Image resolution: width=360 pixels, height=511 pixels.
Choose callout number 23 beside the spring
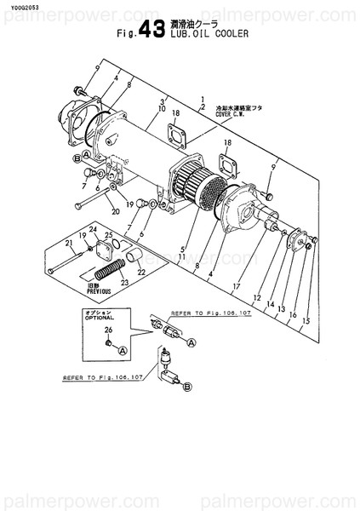124,284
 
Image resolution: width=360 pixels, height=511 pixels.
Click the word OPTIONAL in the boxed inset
100,318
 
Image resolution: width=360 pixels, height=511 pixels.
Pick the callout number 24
94,228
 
